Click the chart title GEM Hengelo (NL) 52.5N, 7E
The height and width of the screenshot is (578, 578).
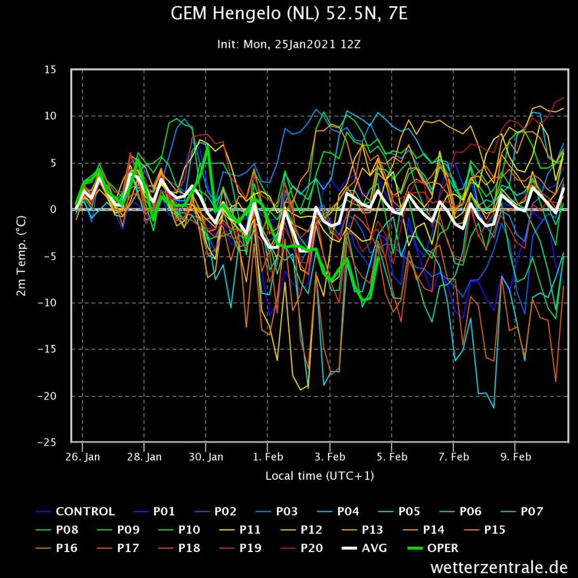click(x=289, y=14)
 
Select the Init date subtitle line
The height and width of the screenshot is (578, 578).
click(x=288, y=45)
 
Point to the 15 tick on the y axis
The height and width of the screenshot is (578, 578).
click(x=50, y=69)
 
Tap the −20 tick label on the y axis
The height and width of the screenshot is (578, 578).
click(x=47, y=396)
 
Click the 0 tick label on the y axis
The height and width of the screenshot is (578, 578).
click(x=54, y=209)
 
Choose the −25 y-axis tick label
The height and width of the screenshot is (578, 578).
click(x=47, y=443)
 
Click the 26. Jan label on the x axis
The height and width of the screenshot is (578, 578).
click(x=82, y=457)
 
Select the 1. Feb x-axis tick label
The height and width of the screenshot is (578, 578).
click(x=268, y=457)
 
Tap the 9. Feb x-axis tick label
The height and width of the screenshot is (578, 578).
click(x=516, y=457)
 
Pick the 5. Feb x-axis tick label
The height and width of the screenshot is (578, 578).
click(x=392, y=457)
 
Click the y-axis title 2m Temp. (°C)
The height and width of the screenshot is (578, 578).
click(x=21, y=256)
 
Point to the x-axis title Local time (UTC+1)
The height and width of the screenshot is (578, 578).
click(x=319, y=476)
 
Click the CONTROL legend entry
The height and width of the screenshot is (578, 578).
click(x=75, y=511)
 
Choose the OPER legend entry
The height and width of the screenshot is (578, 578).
click(x=433, y=548)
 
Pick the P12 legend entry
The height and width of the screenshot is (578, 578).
click(x=301, y=529)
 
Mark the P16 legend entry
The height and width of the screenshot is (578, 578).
click(x=56, y=548)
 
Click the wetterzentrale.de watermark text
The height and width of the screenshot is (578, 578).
click(x=499, y=567)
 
